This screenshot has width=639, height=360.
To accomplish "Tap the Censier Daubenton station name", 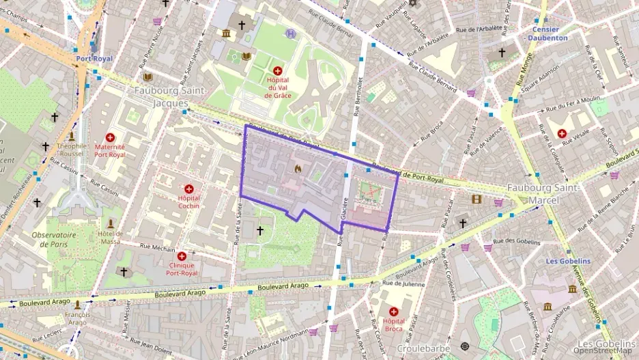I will click(548, 33).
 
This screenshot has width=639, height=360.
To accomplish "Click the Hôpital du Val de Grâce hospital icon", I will click(278, 70).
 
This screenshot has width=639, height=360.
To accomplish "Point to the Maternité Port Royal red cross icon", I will click(110, 137).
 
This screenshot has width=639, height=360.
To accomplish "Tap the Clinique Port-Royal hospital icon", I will click(182, 255).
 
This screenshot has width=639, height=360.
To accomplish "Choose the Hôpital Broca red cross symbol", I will click(394, 311).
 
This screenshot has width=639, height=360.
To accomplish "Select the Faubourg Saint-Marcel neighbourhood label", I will click(543, 193).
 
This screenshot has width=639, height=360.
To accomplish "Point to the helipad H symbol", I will click(292, 33).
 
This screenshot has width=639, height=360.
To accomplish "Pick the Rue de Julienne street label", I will click(404, 283).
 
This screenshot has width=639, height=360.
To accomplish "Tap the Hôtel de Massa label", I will click(109, 237).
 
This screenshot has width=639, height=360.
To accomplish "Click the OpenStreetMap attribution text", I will click(607, 351).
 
